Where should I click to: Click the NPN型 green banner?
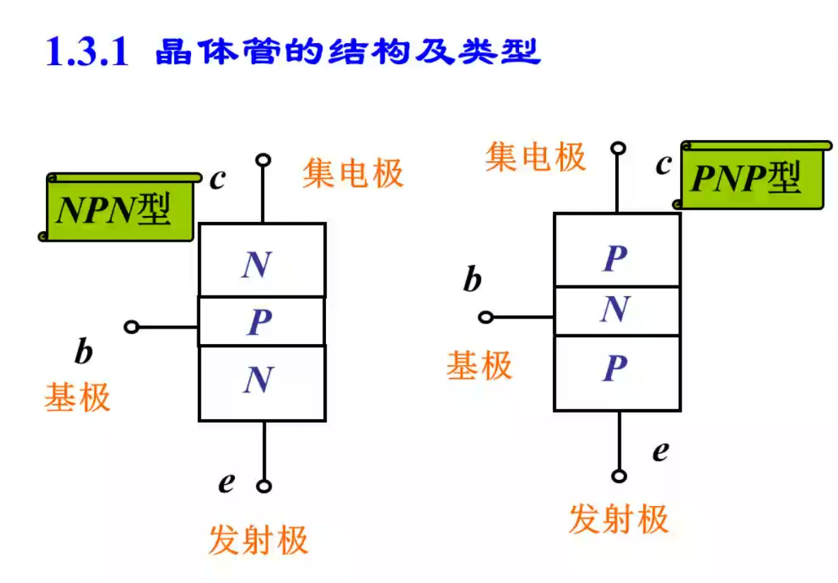point(117,208)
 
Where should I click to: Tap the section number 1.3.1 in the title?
point(86,52)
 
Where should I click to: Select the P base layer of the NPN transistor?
point(261,322)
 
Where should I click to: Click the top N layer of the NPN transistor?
point(261,261)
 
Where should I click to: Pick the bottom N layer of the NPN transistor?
point(261,382)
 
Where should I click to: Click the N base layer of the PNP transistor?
point(617,310)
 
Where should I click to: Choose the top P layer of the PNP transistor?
point(617,251)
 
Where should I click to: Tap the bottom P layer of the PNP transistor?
point(617,372)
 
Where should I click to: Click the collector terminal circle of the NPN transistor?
point(264,160)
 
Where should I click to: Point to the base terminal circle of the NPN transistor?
point(132,326)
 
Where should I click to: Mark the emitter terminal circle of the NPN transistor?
point(264,486)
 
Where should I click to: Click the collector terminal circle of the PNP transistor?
point(619,148)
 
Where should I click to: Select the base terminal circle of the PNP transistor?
point(486,317)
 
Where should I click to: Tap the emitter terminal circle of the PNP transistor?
point(619,476)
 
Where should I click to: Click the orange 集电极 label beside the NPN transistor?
point(352,173)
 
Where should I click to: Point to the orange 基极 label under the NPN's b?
point(78,397)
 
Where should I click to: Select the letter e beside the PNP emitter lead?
point(660,450)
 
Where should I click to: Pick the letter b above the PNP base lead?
point(472,281)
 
